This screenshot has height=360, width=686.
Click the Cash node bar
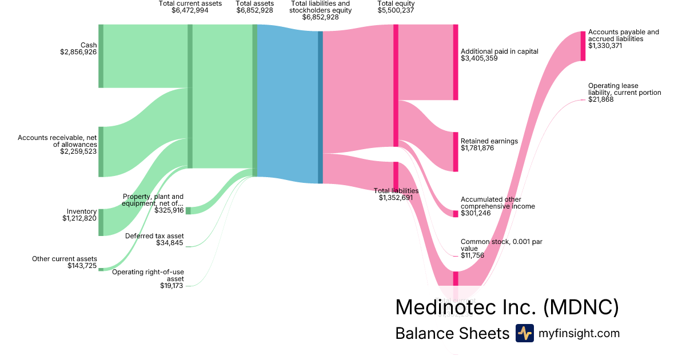(x=101, y=56)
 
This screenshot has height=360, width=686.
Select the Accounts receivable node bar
(x=101, y=152)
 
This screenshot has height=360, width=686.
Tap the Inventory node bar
(x=101, y=222)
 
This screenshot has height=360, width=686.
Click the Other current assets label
(x=65, y=259)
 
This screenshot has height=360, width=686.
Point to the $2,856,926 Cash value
(x=78, y=52)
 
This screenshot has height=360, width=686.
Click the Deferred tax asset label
(x=154, y=235)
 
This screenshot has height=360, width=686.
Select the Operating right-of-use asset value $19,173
(x=171, y=286)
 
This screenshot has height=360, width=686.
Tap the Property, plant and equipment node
(x=188, y=211)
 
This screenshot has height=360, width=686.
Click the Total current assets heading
(x=190, y=3)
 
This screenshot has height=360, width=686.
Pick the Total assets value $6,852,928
(x=254, y=11)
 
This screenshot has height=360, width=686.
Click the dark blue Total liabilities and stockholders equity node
(x=320, y=107)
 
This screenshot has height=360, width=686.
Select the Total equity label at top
(x=396, y=3)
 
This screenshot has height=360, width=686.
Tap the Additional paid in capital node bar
(x=456, y=62)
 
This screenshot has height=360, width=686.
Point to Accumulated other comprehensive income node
(x=456, y=213)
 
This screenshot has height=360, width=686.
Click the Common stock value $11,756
(x=472, y=255)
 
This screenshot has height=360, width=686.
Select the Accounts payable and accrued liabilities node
(x=583, y=46)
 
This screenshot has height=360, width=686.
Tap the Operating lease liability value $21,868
(x=601, y=100)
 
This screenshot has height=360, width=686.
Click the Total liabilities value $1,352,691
(x=396, y=198)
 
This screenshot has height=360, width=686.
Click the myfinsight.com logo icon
(x=525, y=333)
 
